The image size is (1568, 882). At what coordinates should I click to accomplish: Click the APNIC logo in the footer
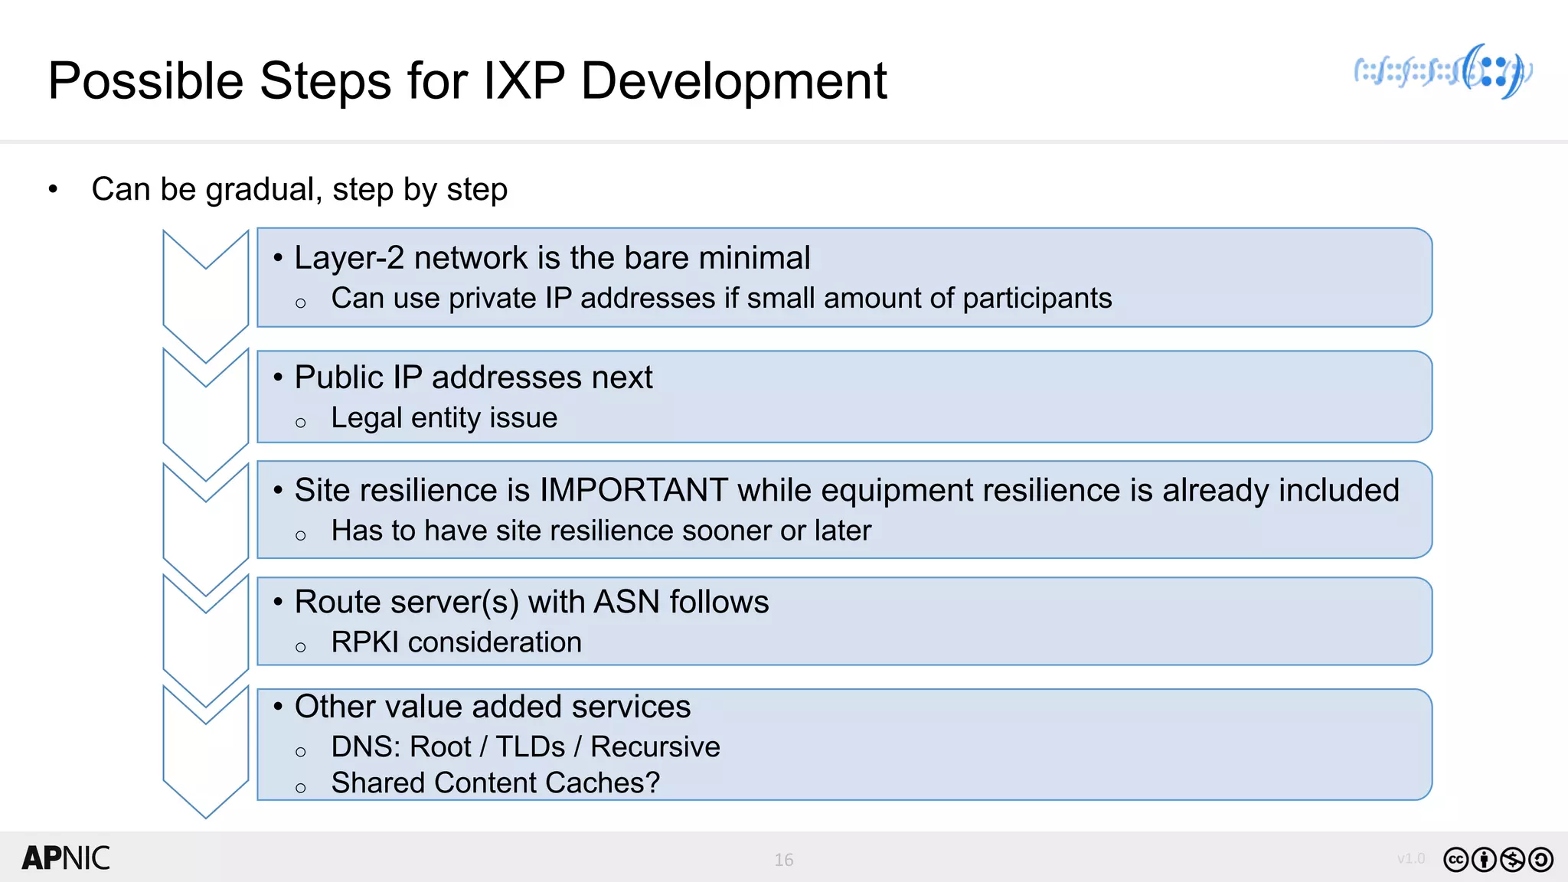click(66, 858)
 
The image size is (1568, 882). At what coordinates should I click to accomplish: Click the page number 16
click(783, 860)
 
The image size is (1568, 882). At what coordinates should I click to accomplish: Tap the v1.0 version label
click(1410, 858)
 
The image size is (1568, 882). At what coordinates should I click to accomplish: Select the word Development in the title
click(733, 80)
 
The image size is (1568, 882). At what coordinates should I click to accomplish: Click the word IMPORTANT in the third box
click(633, 490)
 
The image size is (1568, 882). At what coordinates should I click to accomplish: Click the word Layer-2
click(349, 258)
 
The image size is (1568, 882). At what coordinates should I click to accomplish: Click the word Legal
click(366, 418)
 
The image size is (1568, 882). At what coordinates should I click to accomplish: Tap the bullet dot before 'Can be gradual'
click(53, 189)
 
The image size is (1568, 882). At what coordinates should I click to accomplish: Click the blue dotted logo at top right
click(1443, 72)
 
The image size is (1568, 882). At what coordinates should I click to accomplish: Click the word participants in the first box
click(1037, 298)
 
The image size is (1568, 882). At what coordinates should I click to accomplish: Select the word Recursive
click(655, 746)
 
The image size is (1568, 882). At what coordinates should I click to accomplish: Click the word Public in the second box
click(338, 377)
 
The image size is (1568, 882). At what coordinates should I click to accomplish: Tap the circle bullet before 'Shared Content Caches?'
click(300, 788)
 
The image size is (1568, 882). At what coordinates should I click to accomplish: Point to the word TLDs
click(531, 746)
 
